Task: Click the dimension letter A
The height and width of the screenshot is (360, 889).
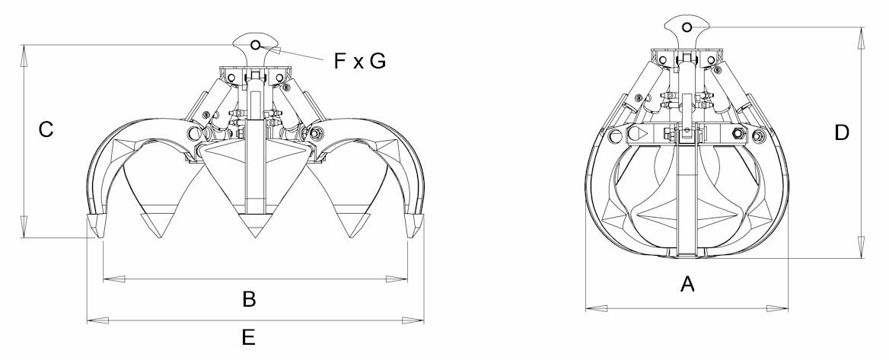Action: point(687,283)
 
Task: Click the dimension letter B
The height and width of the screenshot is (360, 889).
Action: point(249,299)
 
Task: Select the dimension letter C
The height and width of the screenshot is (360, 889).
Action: point(46,129)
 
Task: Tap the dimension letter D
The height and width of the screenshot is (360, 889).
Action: point(842,132)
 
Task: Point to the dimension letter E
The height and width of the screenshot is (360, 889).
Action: point(248,338)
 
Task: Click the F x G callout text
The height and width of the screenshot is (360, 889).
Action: point(360,61)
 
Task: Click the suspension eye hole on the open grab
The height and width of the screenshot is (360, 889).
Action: point(256,45)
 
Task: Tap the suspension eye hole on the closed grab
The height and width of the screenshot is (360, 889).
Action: point(687,27)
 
